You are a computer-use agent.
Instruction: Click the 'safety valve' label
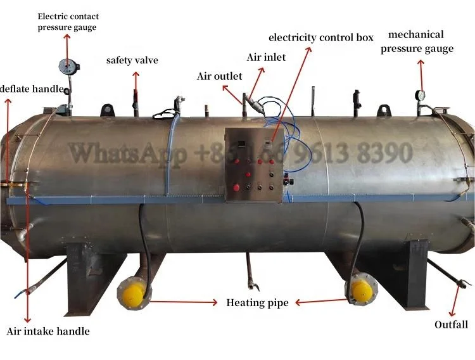coord(132,61)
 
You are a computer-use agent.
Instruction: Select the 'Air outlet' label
coord(219,76)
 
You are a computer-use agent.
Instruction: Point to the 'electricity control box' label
coord(321,37)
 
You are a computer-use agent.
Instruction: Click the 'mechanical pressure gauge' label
coord(421,41)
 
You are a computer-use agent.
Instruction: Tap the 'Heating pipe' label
coord(257,302)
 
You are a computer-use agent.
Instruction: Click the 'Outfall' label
coord(451,325)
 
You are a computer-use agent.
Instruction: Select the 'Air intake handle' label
coord(48,331)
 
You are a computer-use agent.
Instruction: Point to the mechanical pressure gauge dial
coord(421,95)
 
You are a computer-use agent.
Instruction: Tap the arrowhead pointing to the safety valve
coord(135,75)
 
